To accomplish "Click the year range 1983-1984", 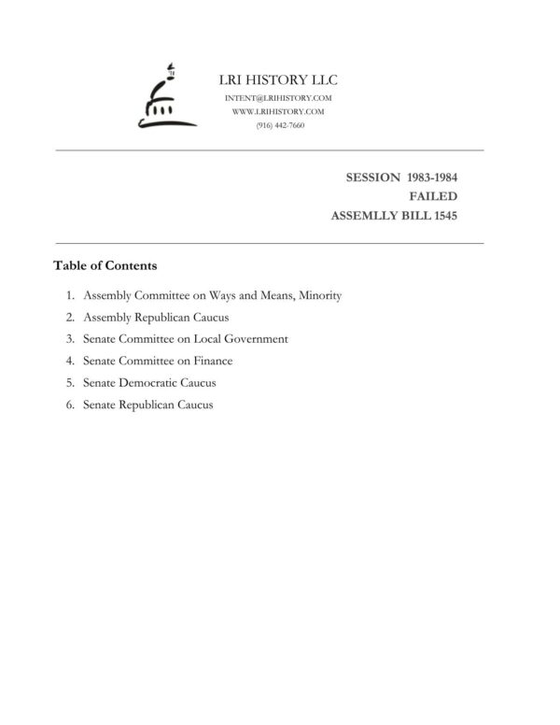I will [432, 177].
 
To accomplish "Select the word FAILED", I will [433, 196].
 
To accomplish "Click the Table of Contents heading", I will [105, 265].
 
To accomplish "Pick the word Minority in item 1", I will [320, 295].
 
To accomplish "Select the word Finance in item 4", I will [213, 361].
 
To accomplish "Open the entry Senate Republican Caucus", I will [147, 405].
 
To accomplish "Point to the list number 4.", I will [70, 361].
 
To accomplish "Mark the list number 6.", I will [70, 405].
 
